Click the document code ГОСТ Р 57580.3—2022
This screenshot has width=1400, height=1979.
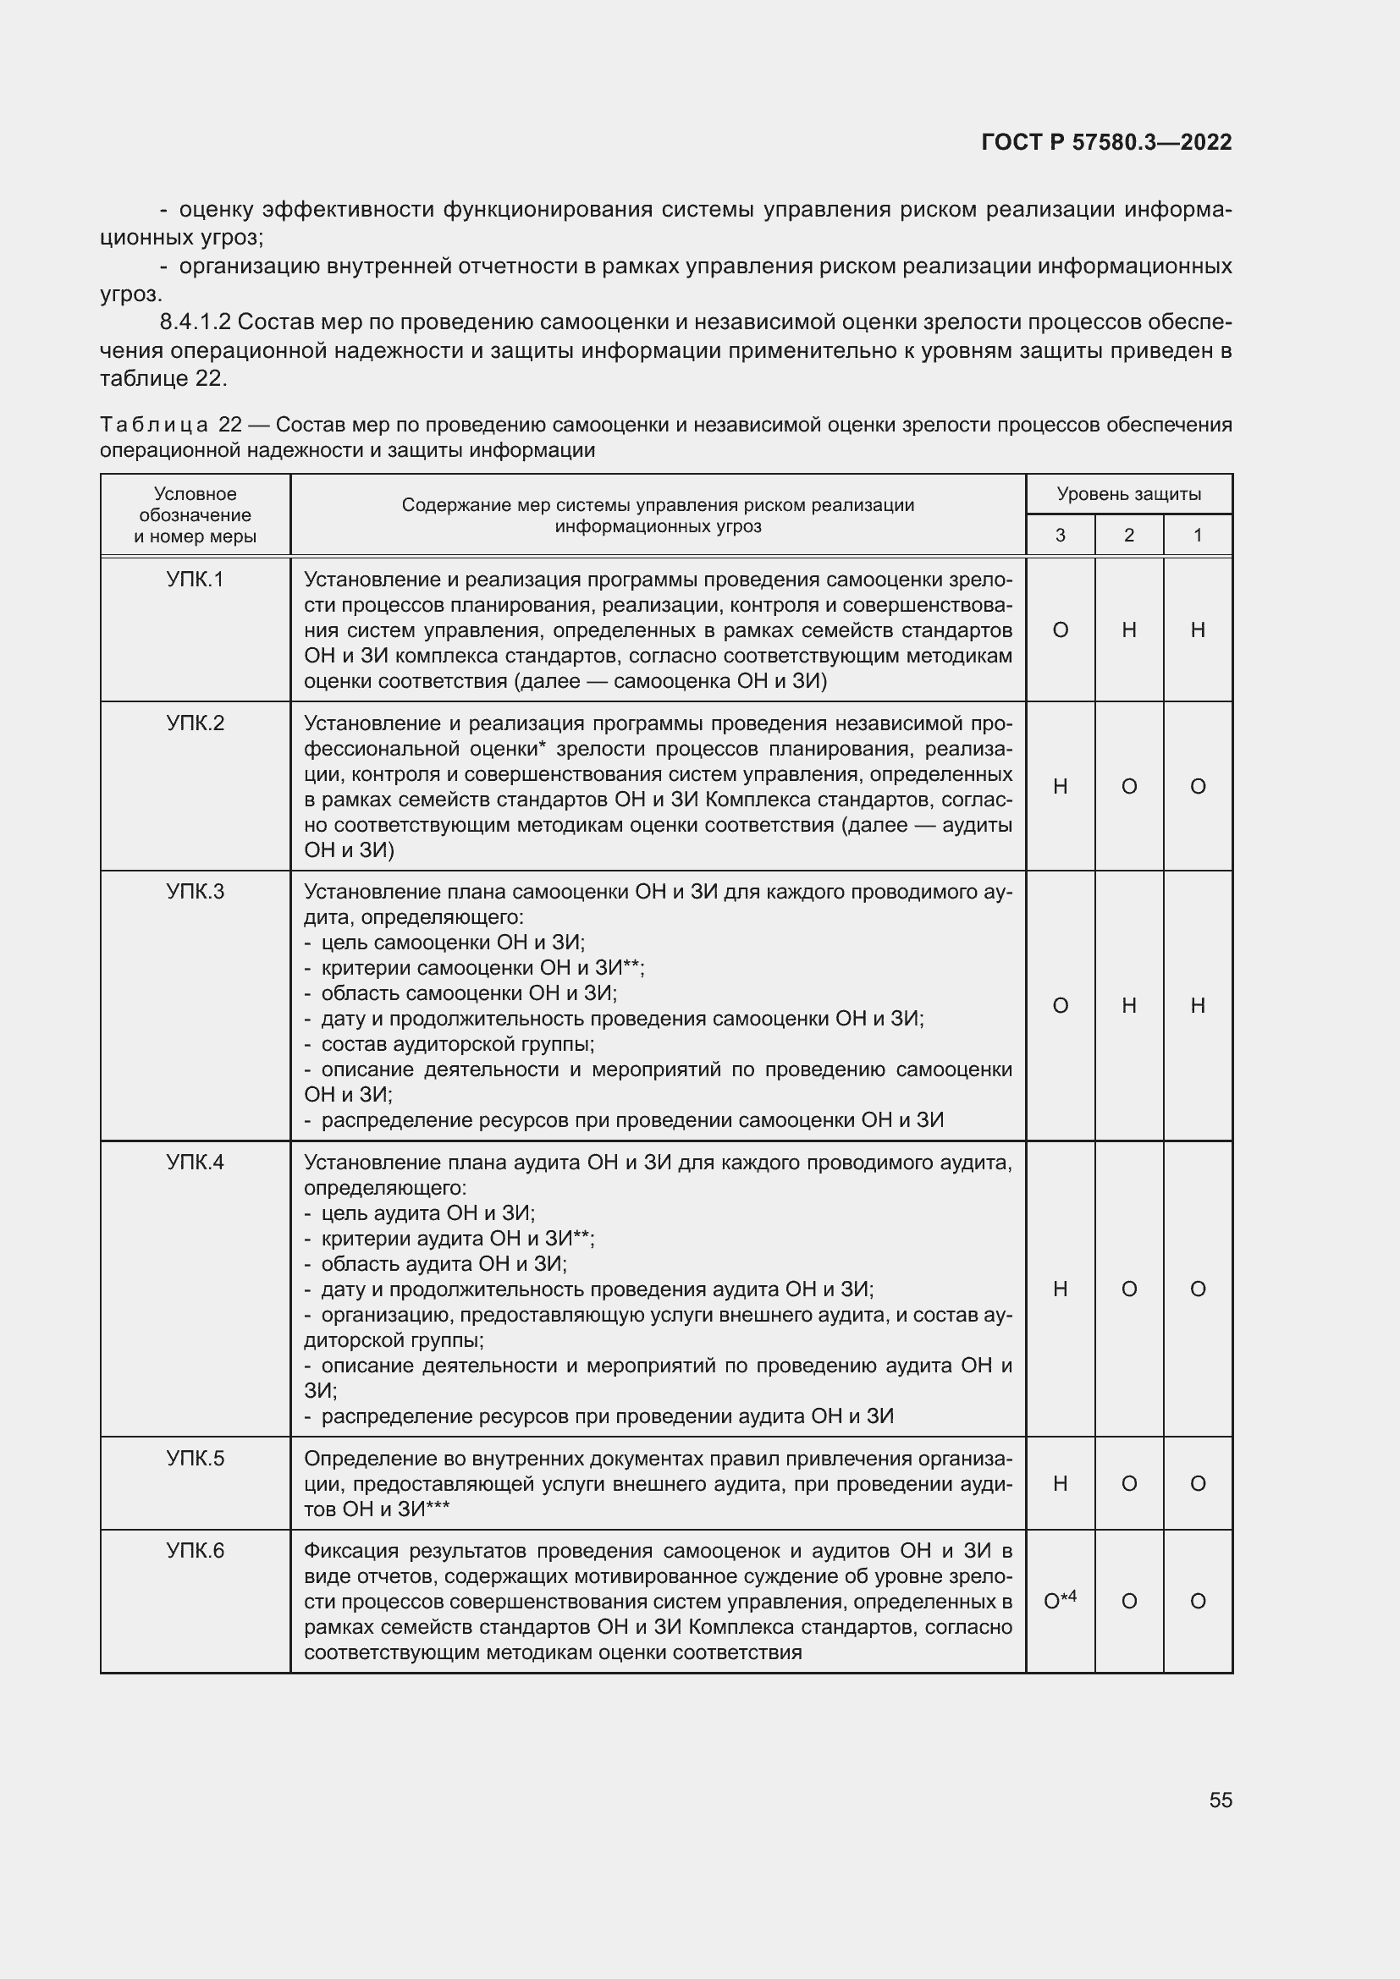coord(1106,142)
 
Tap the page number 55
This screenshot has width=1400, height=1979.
coord(1220,1800)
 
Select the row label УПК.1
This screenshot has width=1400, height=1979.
coord(195,580)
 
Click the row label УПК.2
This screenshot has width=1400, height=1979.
coord(195,723)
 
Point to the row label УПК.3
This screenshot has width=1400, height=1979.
coord(195,892)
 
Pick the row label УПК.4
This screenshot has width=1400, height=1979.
coord(195,1163)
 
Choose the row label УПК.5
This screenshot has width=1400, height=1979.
coord(195,1459)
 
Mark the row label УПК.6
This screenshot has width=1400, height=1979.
coord(195,1552)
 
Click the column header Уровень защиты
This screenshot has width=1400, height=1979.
coord(1128,494)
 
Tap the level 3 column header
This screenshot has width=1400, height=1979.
coord(1061,536)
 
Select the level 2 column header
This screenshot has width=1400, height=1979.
coord(1128,536)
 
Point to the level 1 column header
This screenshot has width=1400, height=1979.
coord(1198,536)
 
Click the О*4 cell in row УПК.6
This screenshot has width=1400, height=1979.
coord(1061,1601)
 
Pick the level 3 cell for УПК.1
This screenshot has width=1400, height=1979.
coord(1061,630)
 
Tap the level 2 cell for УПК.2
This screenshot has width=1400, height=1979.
coord(1128,786)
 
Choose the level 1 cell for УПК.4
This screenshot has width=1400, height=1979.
coord(1198,1289)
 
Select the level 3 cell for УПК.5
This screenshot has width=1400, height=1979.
coord(1061,1483)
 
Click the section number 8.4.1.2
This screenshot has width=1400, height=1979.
coord(195,322)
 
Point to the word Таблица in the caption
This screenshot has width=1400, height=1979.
coord(154,425)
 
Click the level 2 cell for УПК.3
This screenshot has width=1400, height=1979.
coord(1128,1005)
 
